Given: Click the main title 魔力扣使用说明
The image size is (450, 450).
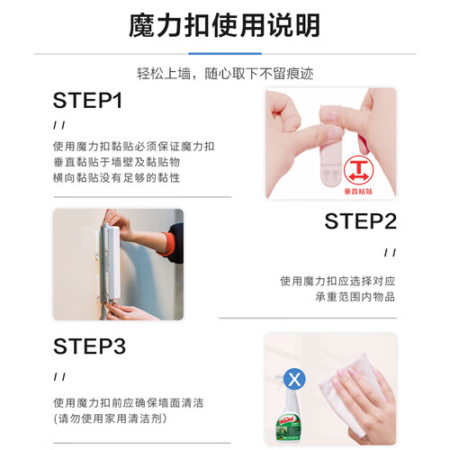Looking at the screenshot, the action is coord(224,25).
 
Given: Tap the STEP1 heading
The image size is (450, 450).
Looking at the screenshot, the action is coord(87,100).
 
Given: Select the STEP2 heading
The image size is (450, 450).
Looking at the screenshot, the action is coord(361,221).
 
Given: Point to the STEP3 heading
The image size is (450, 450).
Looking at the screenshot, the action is coord(89,346).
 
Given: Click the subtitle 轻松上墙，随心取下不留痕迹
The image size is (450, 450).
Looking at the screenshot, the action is coord(225,74).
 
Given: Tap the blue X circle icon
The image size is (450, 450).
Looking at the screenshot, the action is coord(294,379).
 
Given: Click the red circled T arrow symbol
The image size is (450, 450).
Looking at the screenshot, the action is coord(359,171).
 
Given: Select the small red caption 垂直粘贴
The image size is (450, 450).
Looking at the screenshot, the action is coord(358,192).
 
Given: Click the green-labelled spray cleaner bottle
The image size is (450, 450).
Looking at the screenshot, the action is coord(287,415).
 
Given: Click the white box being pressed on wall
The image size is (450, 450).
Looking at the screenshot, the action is coord(112,264).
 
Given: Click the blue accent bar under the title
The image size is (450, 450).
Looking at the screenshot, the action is coord(225,54).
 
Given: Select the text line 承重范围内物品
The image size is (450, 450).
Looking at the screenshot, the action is coord(355,297).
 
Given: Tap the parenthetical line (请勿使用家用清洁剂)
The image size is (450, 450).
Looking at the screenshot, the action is coord(111,418).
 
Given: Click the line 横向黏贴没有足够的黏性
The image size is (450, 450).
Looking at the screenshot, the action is coord(116,178).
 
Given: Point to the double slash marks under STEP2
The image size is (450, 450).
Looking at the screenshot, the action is coord(390,253).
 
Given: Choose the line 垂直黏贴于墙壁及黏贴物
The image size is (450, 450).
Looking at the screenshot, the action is coord(116,162).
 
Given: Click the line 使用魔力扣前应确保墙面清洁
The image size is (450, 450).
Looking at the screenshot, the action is coord(129,403).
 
